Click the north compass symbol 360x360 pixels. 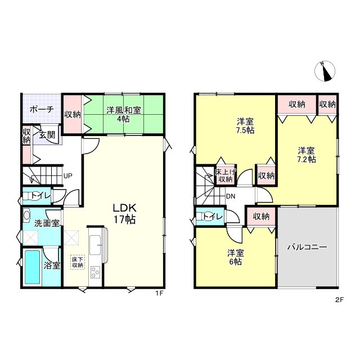(x=325, y=71)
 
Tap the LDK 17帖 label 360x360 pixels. (x=125, y=214)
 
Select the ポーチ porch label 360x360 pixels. (x=42, y=110)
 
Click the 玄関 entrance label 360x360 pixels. (x=47, y=135)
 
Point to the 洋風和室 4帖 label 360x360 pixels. (x=124, y=114)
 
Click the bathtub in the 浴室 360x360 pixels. (x=33, y=267)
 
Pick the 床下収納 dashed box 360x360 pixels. (x=78, y=262)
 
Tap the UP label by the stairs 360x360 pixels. (x=68, y=176)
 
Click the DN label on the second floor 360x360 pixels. (x=231, y=196)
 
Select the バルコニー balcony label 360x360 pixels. (x=307, y=247)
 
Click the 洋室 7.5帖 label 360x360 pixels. (x=245, y=125)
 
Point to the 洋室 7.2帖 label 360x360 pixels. (x=307, y=155)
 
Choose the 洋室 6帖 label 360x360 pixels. (x=236, y=257)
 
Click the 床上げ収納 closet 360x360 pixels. (x=226, y=175)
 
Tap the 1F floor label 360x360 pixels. (x=159, y=293)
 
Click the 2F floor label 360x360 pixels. (x=339, y=300)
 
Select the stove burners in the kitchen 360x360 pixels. (x=95, y=272)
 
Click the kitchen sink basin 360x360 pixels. (x=95, y=245)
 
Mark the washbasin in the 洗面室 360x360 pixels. (x=27, y=215)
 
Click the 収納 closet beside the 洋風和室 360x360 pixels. (x=73, y=114)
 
